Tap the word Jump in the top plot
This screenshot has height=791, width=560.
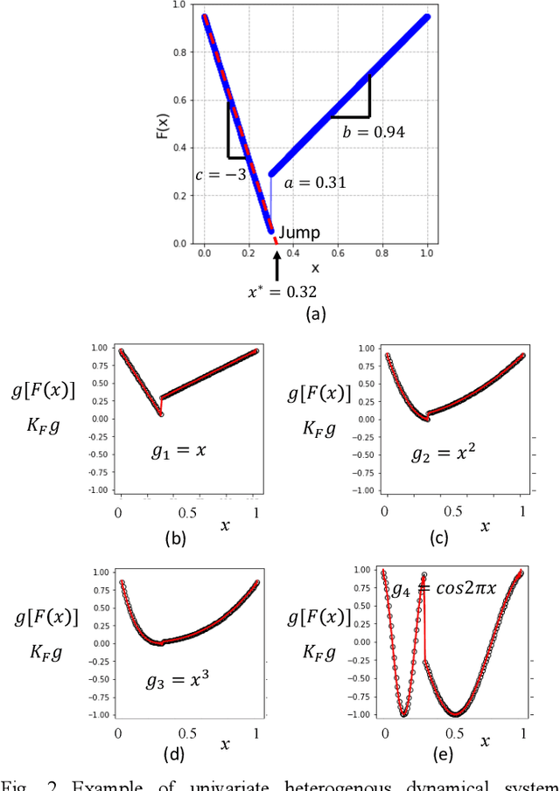[x=299, y=232]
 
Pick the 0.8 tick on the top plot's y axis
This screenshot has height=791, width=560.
[x=180, y=52]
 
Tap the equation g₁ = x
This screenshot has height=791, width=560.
[x=181, y=452]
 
